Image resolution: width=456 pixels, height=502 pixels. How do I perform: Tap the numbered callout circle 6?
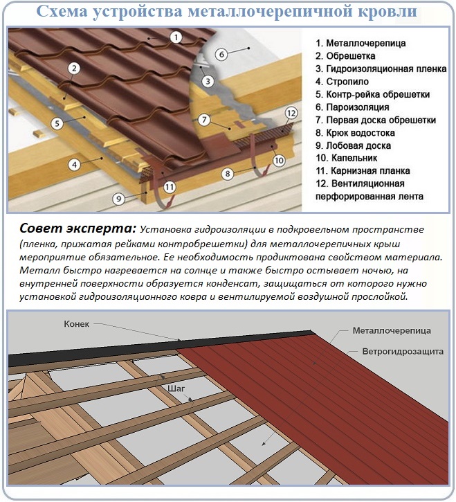point(221,54)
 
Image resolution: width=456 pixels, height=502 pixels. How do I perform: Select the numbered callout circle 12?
point(291,113)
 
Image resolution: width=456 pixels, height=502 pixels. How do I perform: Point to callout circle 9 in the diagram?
point(119,199)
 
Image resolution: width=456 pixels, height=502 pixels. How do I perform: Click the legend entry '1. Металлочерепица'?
point(360,43)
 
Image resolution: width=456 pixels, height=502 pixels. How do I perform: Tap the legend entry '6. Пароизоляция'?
point(352,107)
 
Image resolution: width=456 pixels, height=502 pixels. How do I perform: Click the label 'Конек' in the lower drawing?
point(77,324)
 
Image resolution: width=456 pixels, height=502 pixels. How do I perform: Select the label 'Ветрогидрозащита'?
point(403,352)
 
